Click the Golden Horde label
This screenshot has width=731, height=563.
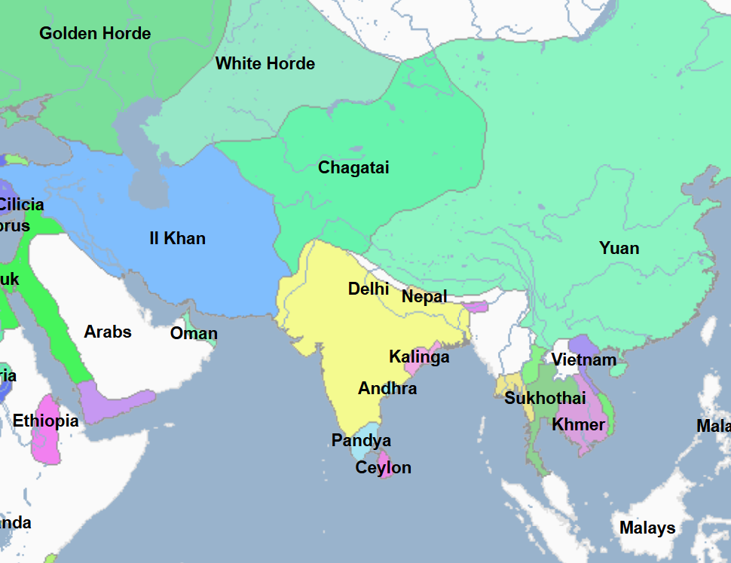[95, 33]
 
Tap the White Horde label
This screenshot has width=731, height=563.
[265, 63]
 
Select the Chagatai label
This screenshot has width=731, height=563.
[353, 167]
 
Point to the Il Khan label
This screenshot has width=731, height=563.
[177, 239]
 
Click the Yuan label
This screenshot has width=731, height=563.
[619, 248]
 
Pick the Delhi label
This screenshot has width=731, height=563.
[369, 289]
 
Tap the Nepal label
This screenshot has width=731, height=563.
[424, 296]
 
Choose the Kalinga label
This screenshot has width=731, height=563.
[419, 356]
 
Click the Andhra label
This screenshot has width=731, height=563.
[387, 389]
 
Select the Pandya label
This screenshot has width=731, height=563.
[361, 440]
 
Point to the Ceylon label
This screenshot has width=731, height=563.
[384, 467]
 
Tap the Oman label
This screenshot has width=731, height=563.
[194, 333]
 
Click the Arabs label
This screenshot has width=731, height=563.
[108, 332]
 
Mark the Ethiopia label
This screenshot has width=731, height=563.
[45, 421]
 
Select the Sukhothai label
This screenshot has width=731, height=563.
[545, 398]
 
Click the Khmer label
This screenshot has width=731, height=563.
[578, 424]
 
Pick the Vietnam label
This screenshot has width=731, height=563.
[583, 360]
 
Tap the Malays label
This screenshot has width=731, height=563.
[647, 528]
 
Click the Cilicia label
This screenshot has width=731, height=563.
[21, 204]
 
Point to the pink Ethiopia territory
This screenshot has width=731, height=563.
[47, 445]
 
